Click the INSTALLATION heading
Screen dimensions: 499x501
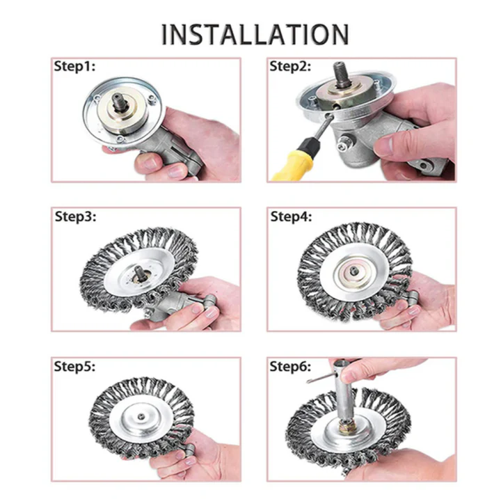pos(255,33)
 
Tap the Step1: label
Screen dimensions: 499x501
pos(74,67)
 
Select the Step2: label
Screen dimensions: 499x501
pos(291,67)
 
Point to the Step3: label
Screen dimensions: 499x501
pos(76,216)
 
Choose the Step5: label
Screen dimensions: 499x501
pos(74,366)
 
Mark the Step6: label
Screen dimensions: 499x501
pos(291,366)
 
